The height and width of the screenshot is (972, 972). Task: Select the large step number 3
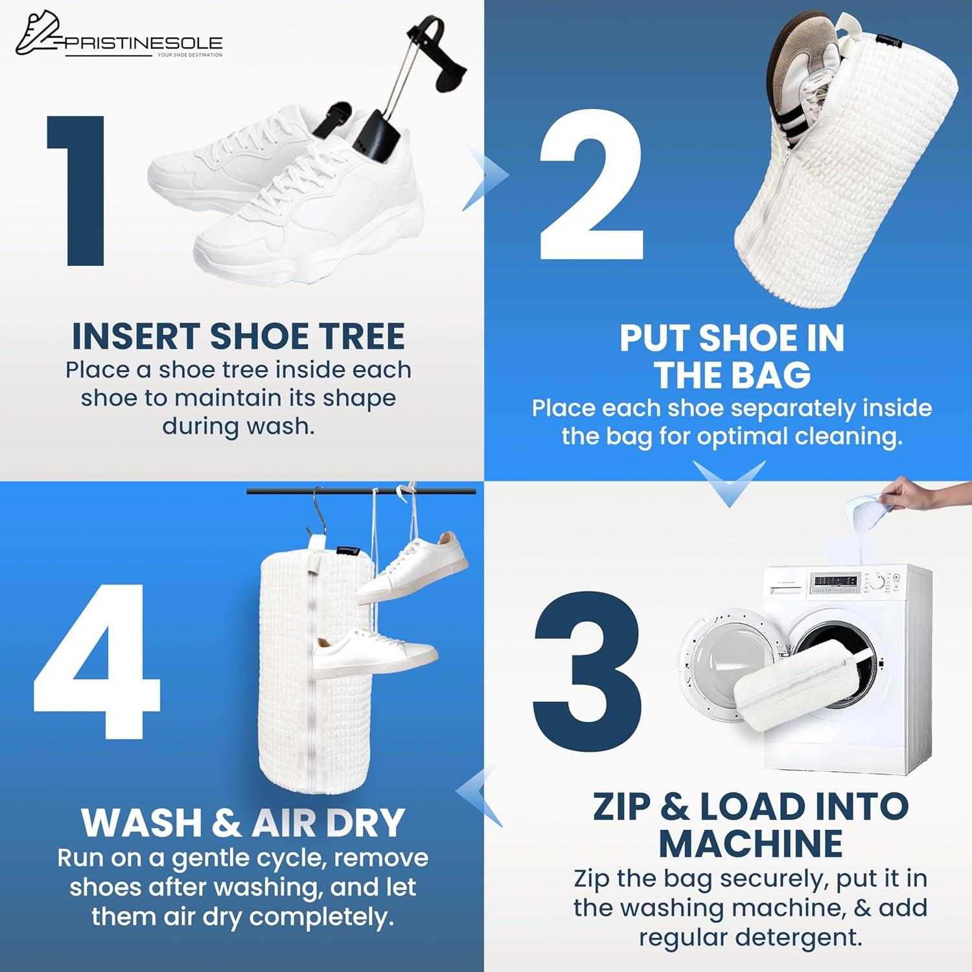click(587, 662)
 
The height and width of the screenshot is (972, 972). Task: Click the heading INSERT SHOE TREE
click(238, 336)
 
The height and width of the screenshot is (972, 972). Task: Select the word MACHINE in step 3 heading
click(750, 842)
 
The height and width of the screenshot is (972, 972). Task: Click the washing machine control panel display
click(836, 581)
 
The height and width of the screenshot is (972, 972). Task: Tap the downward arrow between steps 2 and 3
click(729, 483)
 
